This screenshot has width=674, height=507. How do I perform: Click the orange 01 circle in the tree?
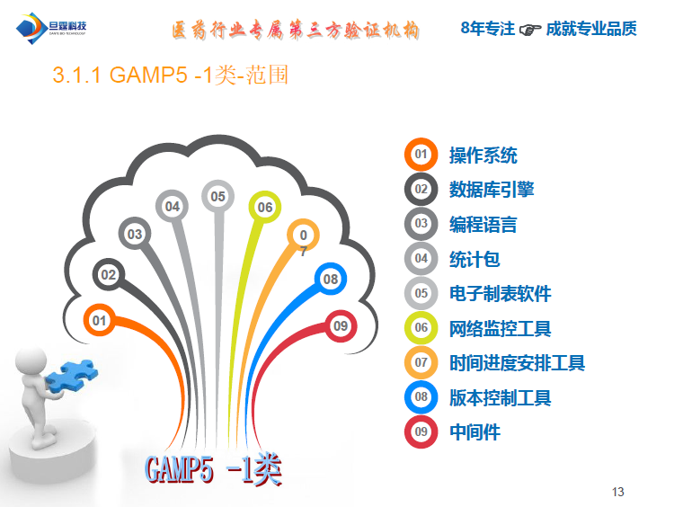(x=99, y=320)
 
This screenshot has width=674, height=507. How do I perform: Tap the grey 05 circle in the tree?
(x=217, y=196)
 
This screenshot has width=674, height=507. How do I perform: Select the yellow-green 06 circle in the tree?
(x=265, y=208)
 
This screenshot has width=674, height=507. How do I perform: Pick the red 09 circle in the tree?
(x=340, y=326)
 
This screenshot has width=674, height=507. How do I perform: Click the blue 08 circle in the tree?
(x=331, y=280)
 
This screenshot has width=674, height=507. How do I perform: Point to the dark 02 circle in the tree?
(x=109, y=275)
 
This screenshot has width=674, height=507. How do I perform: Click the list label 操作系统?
(x=483, y=156)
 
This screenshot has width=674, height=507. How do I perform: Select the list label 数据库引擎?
(x=492, y=190)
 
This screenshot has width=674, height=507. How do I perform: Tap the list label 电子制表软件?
(x=501, y=294)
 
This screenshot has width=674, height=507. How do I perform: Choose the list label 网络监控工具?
(x=501, y=329)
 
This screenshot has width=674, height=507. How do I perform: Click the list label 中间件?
(x=474, y=432)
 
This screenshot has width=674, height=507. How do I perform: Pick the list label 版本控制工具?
(x=501, y=398)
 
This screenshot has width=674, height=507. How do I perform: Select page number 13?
(x=617, y=492)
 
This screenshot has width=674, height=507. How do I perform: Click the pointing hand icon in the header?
(x=530, y=30)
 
